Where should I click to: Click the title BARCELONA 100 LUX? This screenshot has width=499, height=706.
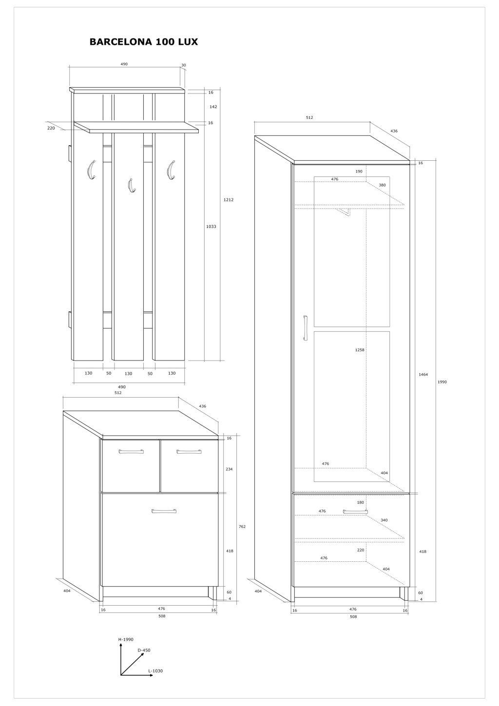click(144, 42)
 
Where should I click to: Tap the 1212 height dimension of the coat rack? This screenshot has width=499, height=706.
click(229, 200)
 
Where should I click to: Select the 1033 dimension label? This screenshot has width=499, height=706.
click(211, 226)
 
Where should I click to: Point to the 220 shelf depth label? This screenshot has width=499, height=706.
click(51, 128)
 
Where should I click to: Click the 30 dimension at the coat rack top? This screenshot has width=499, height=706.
click(183, 65)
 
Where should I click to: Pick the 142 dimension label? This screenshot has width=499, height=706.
click(213, 107)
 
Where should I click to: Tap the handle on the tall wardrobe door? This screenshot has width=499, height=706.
click(305, 328)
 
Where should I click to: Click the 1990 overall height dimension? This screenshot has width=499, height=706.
click(442, 382)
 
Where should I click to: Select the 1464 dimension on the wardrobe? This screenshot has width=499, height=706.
click(423, 374)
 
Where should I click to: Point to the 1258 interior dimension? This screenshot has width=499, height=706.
click(360, 350)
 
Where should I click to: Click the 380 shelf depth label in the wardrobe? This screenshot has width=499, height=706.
click(382, 185)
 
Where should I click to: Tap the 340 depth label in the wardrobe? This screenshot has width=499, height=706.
click(384, 520)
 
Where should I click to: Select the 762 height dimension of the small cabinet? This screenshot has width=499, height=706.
click(242, 526)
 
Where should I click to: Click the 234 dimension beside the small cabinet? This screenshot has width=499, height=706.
click(229, 469)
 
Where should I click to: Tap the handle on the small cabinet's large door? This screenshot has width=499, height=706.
click(164, 511)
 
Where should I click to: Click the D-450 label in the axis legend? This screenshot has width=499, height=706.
click(144, 650)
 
